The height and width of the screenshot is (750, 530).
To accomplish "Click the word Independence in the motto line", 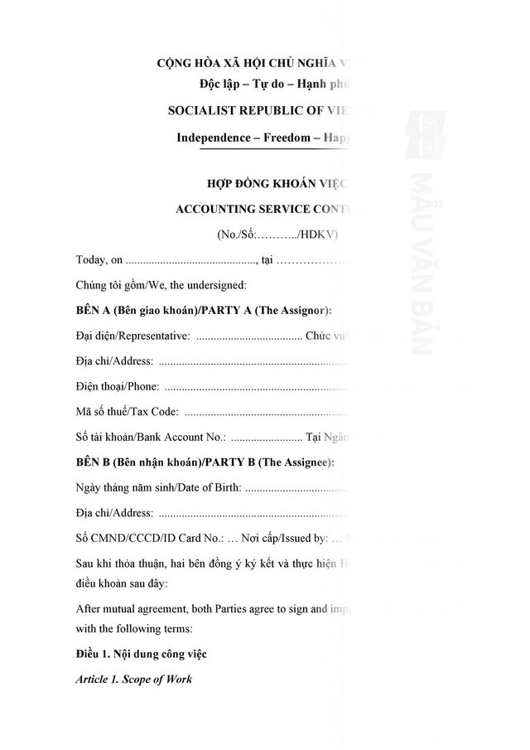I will [x=213, y=137].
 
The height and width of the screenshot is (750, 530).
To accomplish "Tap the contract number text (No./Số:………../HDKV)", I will [x=277, y=235].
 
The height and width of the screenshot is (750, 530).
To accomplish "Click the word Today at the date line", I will [x=92, y=260].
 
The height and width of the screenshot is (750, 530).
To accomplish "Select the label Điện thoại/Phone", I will [x=117, y=387].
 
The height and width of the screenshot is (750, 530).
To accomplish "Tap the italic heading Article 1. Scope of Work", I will [x=133, y=680].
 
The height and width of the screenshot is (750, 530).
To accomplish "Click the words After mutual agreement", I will [x=132, y=609].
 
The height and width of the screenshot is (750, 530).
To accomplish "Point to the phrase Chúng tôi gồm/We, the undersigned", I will [x=161, y=286].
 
